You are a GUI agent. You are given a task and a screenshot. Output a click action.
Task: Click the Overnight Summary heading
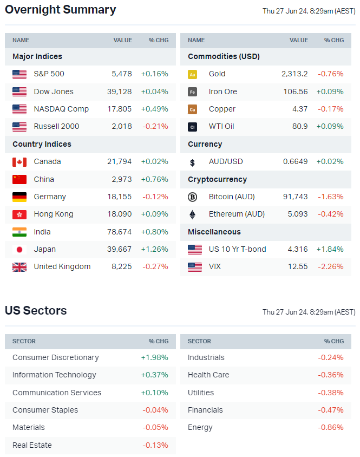(x=60, y=10)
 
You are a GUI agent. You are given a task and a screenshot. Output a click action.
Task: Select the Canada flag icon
(x=19, y=162)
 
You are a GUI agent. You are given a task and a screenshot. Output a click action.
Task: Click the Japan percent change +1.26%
(x=154, y=249)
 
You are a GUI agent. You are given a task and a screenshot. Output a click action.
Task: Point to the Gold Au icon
(x=192, y=74)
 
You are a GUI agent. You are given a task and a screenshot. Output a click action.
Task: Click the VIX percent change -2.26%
(x=331, y=266)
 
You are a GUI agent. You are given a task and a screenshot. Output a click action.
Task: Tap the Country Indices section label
(x=42, y=144)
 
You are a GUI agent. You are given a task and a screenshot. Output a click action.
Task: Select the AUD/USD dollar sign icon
(x=192, y=162)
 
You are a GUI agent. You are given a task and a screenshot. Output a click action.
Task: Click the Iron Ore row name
(x=222, y=92)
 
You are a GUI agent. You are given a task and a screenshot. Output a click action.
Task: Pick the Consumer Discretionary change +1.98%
(x=154, y=357)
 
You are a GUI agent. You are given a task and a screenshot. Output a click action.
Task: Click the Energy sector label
(x=200, y=427)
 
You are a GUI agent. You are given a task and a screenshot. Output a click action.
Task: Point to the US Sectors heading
(x=36, y=311)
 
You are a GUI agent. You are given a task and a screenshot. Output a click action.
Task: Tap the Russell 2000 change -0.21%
(x=154, y=126)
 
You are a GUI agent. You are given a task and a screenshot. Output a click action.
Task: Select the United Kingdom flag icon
(x=19, y=267)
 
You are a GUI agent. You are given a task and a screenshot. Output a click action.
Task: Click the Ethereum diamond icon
(x=192, y=214)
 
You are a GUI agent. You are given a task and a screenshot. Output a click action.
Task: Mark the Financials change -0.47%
(x=331, y=410)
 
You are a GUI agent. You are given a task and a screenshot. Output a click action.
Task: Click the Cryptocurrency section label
(x=217, y=179)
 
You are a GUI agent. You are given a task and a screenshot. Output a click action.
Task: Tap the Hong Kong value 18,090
(x=120, y=214)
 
